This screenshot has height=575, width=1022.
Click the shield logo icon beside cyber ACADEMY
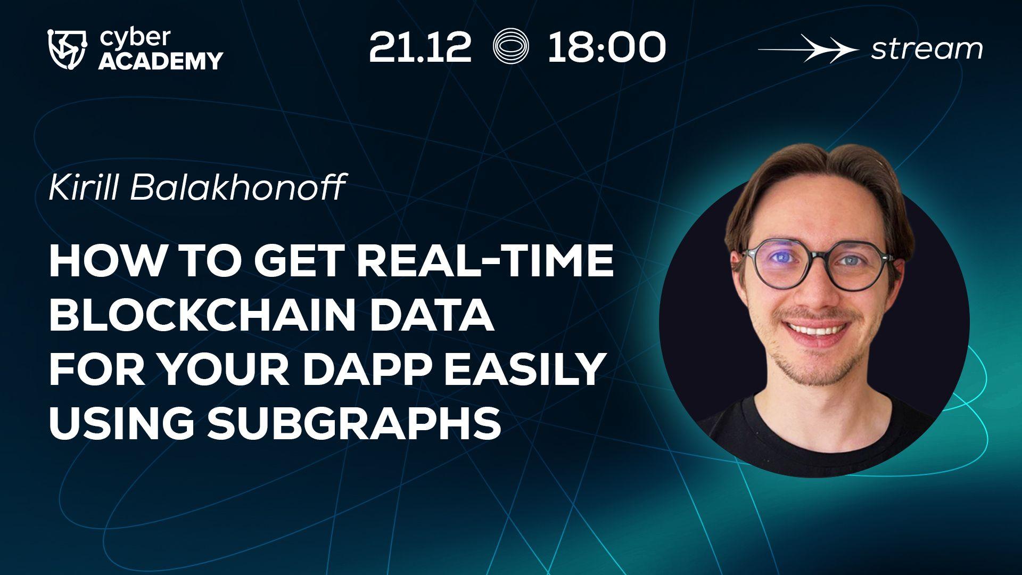(x=70, y=50)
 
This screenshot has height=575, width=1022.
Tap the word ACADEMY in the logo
(x=161, y=61)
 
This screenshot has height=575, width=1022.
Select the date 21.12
(x=420, y=48)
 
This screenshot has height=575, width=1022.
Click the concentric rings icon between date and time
(x=510, y=47)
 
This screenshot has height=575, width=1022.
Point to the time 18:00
(x=606, y=48)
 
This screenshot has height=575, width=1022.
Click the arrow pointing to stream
(x=807, y=50)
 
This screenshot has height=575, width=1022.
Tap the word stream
(x=926, y=50)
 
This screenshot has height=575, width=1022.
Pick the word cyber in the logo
(x=135, y=38)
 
